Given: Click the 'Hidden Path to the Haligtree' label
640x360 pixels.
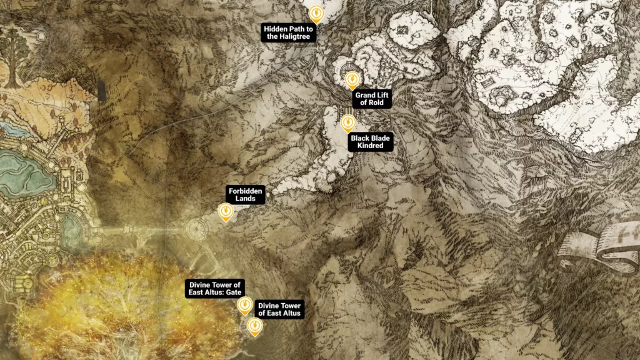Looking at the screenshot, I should [289, 33].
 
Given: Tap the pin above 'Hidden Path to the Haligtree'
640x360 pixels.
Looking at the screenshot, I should [317, 13].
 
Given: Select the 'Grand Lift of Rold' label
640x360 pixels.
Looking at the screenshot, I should [372, 99].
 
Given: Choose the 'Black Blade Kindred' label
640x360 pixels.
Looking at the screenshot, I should [371, 142].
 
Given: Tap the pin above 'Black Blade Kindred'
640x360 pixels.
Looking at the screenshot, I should [348, 122].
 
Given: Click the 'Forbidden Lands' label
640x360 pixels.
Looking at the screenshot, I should [246, 195].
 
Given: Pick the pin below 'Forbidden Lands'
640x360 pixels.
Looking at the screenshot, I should [226, 212].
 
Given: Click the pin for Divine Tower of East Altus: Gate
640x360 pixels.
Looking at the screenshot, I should [244, 304].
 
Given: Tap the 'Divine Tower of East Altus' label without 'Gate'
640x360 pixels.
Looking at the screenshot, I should [279, 309].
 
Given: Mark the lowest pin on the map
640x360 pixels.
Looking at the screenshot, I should [254, 326].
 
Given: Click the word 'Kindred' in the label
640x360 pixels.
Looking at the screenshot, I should [371, 146].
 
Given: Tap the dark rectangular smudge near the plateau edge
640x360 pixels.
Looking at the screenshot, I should [101, 91].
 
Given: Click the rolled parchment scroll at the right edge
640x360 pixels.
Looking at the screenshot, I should [600, 247].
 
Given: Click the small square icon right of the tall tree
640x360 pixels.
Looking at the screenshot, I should [42, 36].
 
